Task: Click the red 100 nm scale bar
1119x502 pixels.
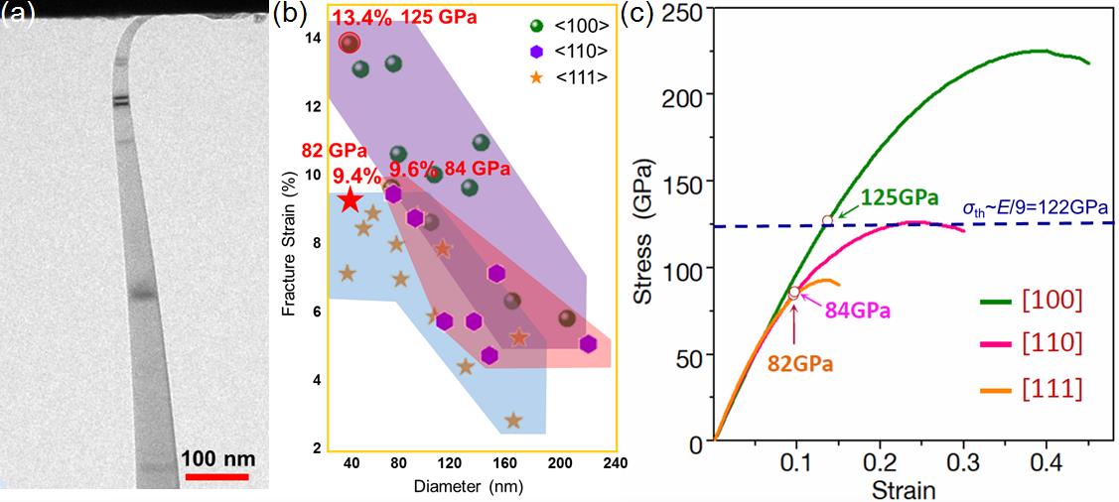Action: (214, 477)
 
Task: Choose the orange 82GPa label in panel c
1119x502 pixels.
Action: (799, 364)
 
